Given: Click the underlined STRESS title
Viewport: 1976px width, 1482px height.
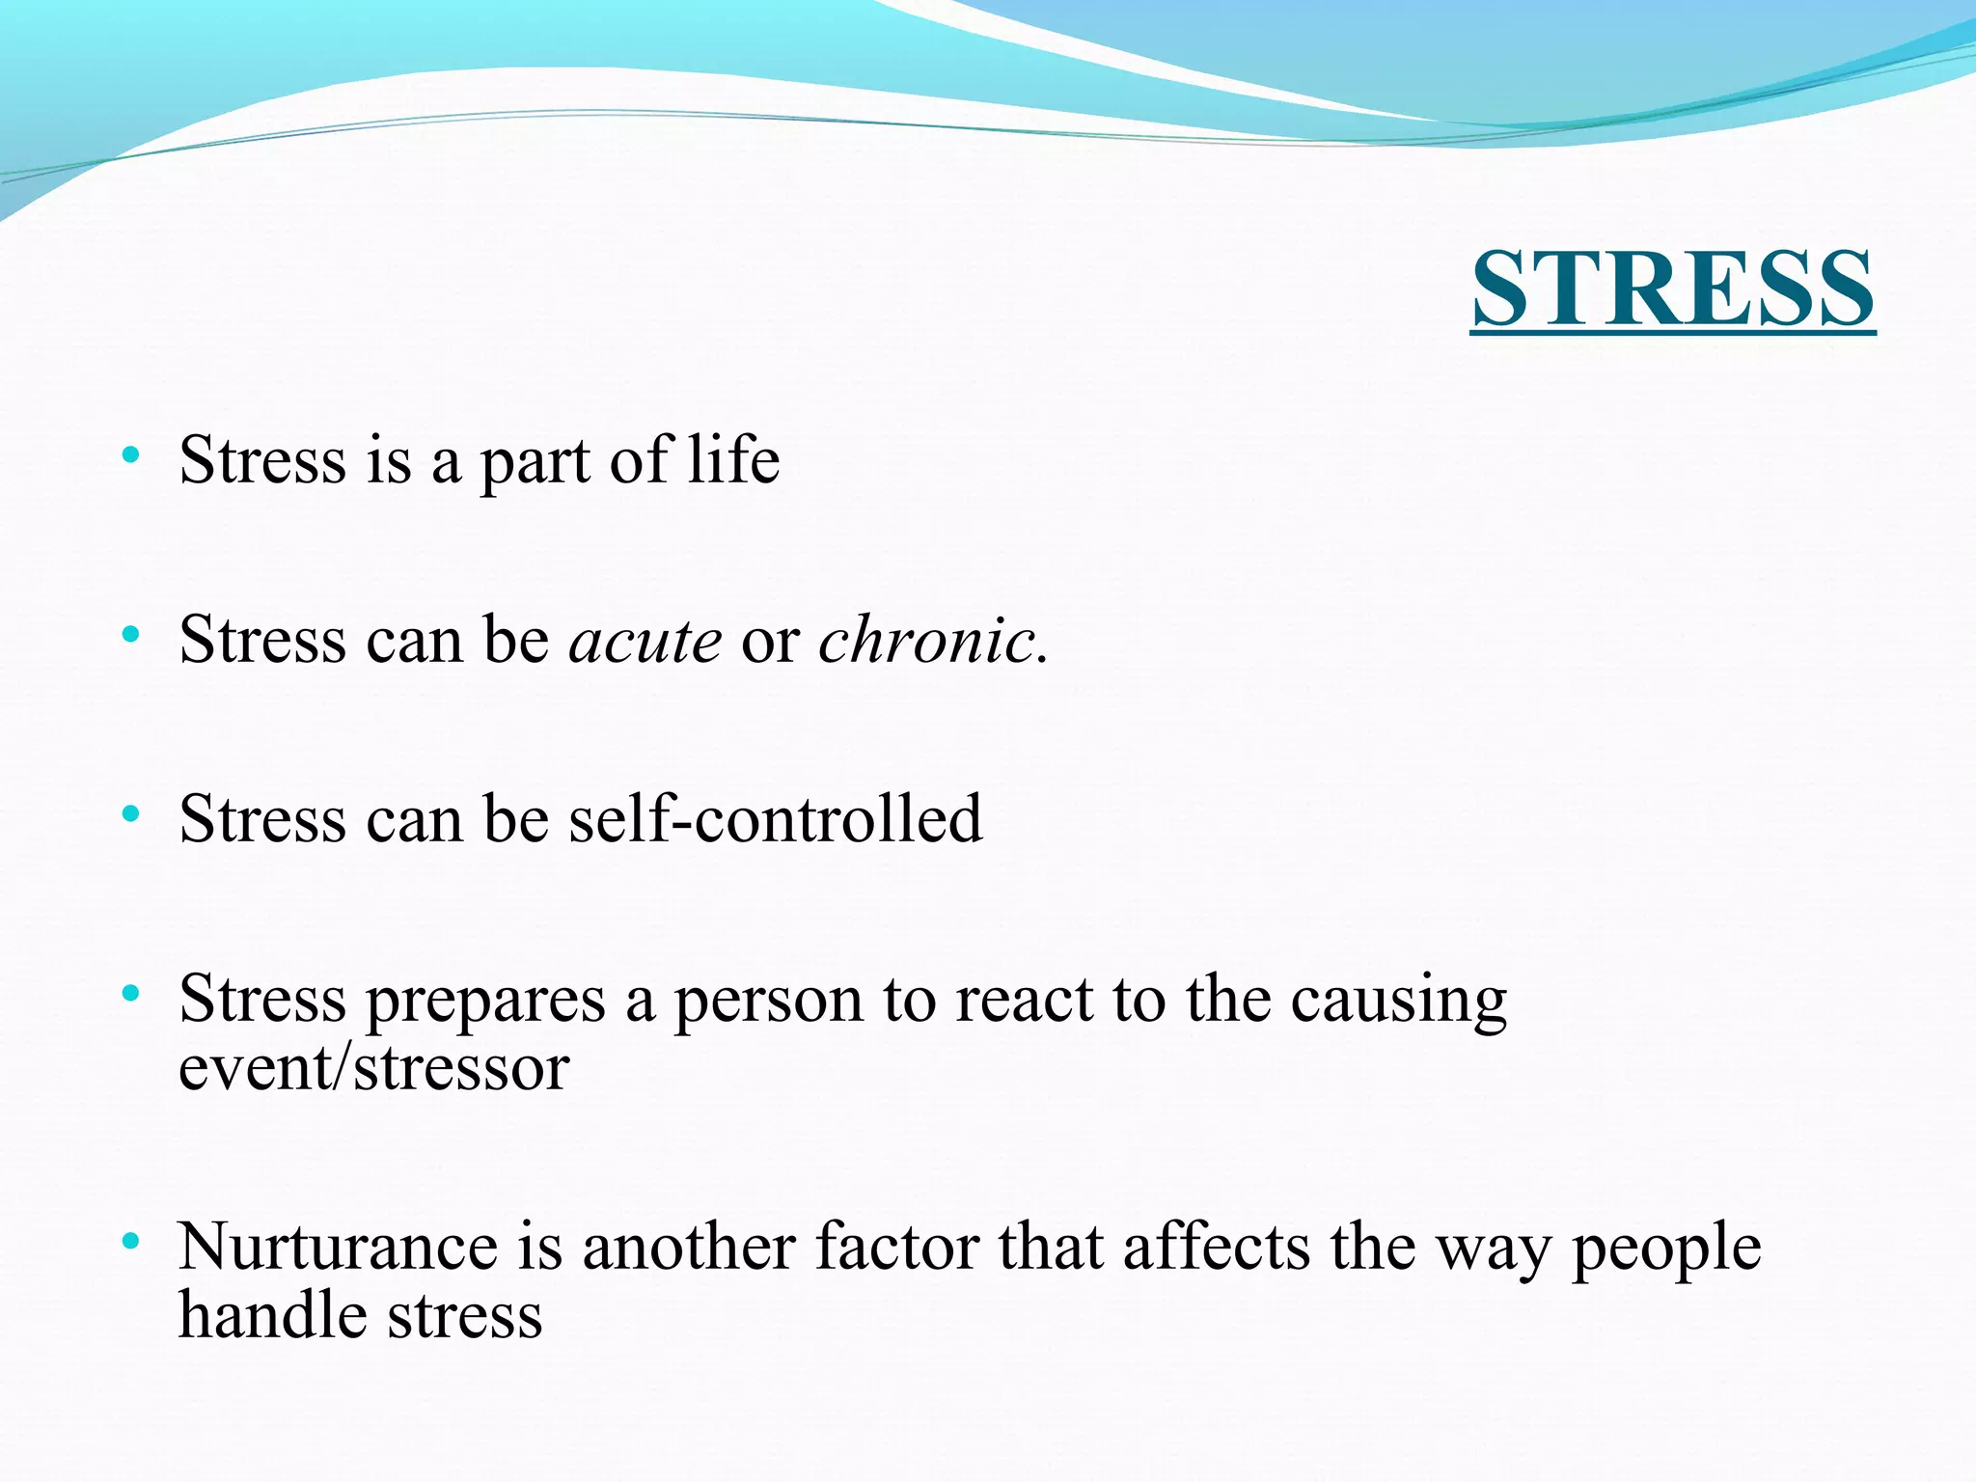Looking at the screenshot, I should tap(1672, 289).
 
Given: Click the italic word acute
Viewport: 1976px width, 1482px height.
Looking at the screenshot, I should tap(645, 640).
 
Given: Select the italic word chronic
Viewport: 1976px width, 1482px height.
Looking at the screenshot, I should tap(926, 640).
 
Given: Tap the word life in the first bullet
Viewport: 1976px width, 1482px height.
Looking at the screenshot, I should tap(733, 459).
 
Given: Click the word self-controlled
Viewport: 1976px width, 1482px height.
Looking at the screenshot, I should tap(775, 819).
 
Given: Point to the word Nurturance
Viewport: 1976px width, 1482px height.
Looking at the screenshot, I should tap(338, 1247).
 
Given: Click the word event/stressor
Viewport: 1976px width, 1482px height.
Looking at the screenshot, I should tap(374, 1068).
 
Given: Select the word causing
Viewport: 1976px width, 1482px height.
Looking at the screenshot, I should tap(1399, 1001).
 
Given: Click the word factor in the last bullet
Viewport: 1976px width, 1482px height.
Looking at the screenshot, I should tap(897, 1247).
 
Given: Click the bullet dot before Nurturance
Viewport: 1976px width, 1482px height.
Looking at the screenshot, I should tap(131, 1242).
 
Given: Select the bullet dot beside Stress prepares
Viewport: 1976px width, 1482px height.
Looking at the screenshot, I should tap(131, 993).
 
